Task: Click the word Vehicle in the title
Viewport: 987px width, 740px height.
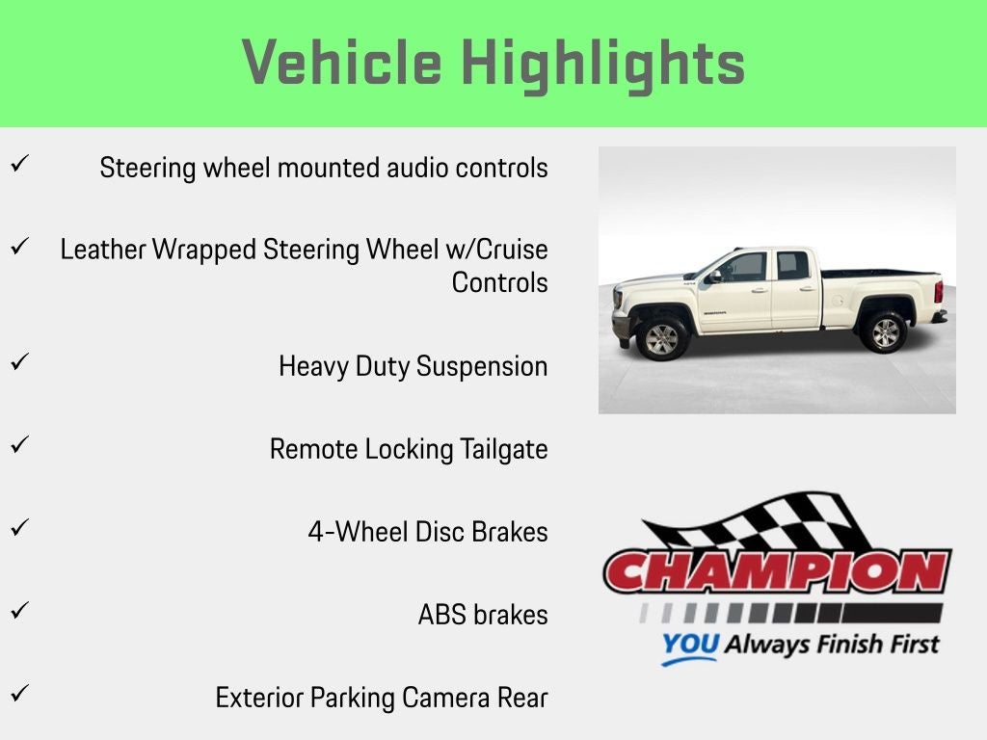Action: [x=342, y=62]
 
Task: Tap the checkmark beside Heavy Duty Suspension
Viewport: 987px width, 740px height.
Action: [x=19, y=361]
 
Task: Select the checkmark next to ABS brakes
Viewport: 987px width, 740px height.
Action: [x=19, y=610]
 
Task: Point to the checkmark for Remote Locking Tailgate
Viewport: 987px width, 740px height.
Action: [x=19, y=444]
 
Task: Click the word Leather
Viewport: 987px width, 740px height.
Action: [x=103, y=250]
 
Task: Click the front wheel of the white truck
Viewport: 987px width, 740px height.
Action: [x=661, y=338]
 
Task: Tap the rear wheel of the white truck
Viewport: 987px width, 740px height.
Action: [x=884, y=331]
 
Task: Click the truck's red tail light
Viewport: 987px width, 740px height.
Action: [x=939, y=291]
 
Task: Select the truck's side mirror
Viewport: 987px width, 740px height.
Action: [x=714, y=276]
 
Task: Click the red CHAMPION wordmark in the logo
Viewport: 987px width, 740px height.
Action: [x=778, y=571]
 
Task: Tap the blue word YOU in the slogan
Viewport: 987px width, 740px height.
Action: [x=690, y=645]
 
